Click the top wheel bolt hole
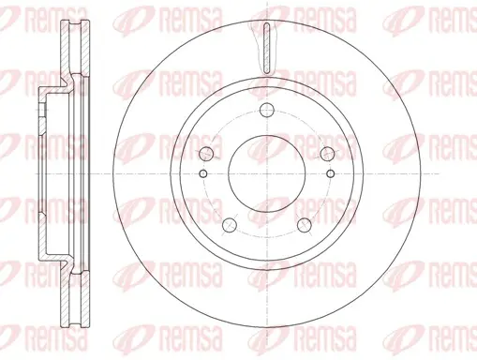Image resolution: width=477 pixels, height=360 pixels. click(x=266, y=110)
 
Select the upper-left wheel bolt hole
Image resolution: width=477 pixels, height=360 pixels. click(x=206, y=154)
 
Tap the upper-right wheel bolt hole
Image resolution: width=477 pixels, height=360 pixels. click(x=327, y=154)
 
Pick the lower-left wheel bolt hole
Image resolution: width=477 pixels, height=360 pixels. click(x=230, y=225)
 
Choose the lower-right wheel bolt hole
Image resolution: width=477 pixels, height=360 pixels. click(x=305, y=225)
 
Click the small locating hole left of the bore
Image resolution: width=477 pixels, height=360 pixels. click(x=203, y=173)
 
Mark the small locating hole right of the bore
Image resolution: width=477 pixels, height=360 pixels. click(x=330, y=173)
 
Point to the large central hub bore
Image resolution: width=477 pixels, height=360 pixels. click(x=266, y=173)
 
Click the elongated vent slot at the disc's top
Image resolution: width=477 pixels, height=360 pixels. click(x=266, y=49)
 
